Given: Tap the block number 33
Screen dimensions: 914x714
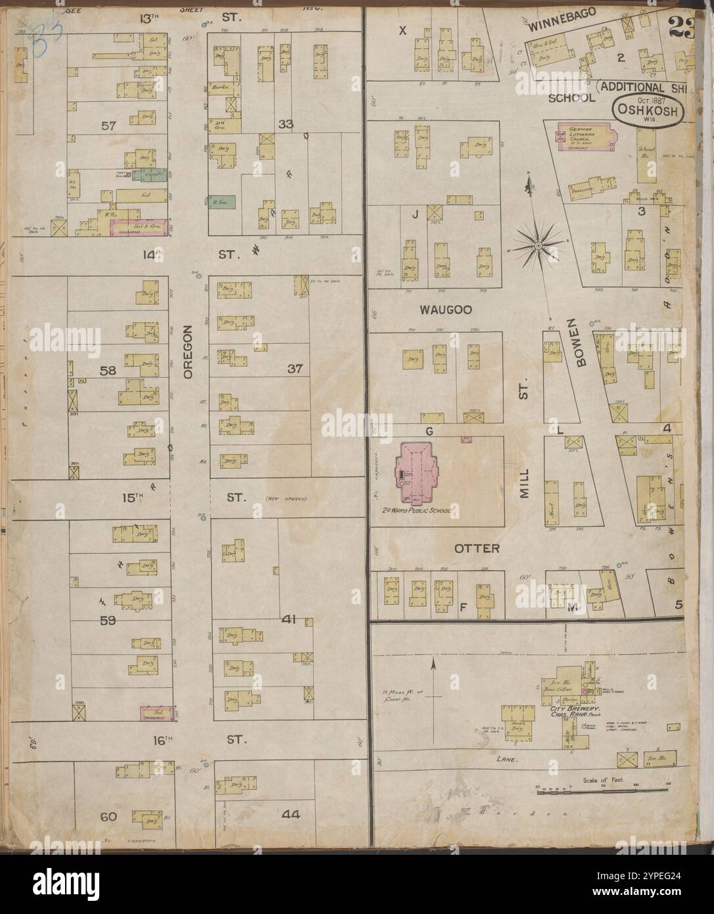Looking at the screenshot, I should pos(285,124).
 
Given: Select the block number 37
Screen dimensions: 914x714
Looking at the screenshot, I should pos(294,368).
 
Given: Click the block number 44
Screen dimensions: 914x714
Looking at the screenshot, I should pos(291,814).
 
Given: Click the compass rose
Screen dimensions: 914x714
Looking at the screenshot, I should pos(537,246).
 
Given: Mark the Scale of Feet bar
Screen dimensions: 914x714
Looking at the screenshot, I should pos(581,792).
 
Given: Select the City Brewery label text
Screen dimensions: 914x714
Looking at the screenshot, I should pos(569,712).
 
